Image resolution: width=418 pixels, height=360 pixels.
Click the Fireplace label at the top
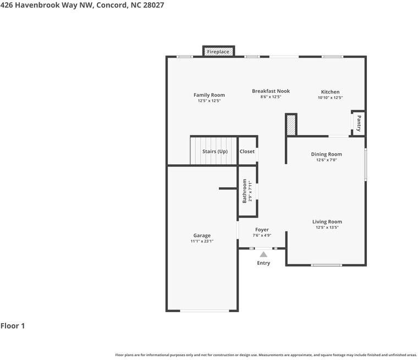coord(218,52)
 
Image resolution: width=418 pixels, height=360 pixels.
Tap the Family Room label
coord(209,95)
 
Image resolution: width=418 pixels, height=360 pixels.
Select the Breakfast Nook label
coord(271,91)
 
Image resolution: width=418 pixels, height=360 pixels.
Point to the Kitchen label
coord(330,92)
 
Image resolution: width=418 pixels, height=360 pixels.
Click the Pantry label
coord(359,122)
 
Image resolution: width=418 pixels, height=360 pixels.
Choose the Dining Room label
coord(326,154)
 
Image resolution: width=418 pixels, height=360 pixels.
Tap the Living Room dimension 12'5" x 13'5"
coord(326,227)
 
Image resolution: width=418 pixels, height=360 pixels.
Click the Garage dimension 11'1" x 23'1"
coord(201,241)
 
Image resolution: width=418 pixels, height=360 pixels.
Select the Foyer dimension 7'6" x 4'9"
coord(262,235)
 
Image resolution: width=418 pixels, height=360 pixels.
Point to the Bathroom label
coord(245,191)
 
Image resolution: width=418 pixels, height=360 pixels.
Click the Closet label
coord(247,151)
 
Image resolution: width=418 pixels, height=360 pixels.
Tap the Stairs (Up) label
coord(215,151)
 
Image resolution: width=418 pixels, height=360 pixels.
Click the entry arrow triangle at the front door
coord(263,254)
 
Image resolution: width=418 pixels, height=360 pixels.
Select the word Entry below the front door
coord(263,263)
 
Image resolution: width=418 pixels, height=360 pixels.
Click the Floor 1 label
coord(13,326)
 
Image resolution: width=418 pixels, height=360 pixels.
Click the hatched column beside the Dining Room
coord(291,125)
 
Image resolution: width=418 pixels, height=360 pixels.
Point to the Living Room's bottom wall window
coord(326,265)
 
